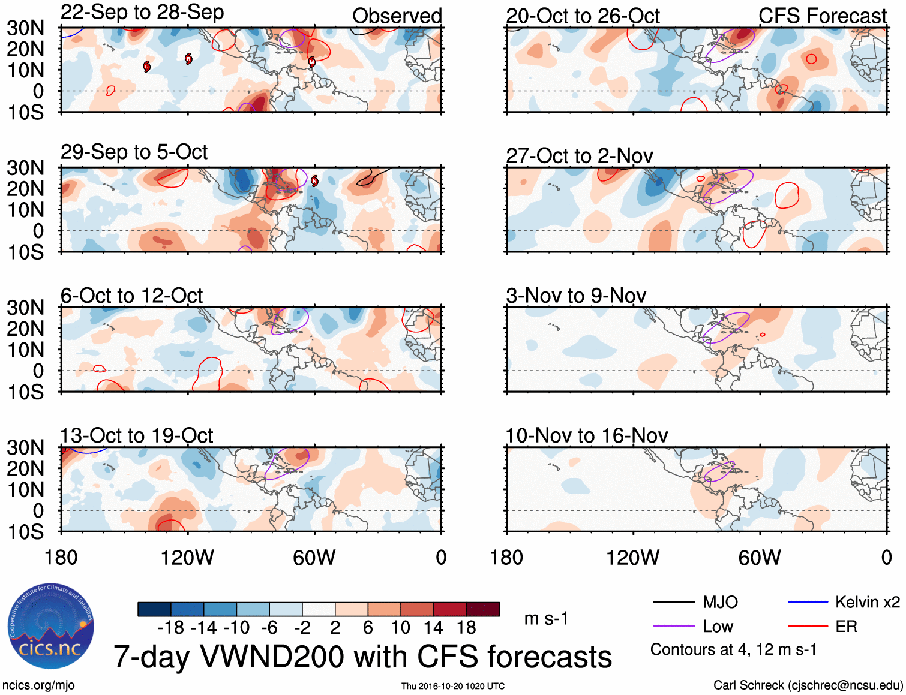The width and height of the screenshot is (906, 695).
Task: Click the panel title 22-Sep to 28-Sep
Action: [142, 12]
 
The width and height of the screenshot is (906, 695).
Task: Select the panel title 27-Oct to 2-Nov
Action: [580, 156]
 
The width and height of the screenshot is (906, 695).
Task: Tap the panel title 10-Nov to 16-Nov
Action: [587, 435]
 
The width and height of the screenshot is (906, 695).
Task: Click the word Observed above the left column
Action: [397, 16]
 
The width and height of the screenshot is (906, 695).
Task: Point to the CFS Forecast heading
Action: [822, 16]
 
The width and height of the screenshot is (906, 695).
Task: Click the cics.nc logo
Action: [51, 626]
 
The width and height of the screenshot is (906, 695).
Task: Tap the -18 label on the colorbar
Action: [171, 628]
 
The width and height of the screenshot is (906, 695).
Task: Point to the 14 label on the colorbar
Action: [433, 628]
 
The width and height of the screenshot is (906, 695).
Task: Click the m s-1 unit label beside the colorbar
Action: [546, 618]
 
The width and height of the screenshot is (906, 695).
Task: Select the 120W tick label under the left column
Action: [187, 558]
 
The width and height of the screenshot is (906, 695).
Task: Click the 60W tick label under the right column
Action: [760, 558]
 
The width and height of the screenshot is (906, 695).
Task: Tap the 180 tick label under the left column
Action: [61, 558]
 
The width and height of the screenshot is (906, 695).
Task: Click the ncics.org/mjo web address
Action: [38, 685]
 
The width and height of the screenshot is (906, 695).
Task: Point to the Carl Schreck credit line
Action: [808, 685]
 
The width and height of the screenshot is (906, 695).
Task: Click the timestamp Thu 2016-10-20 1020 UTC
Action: [453, 686]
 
